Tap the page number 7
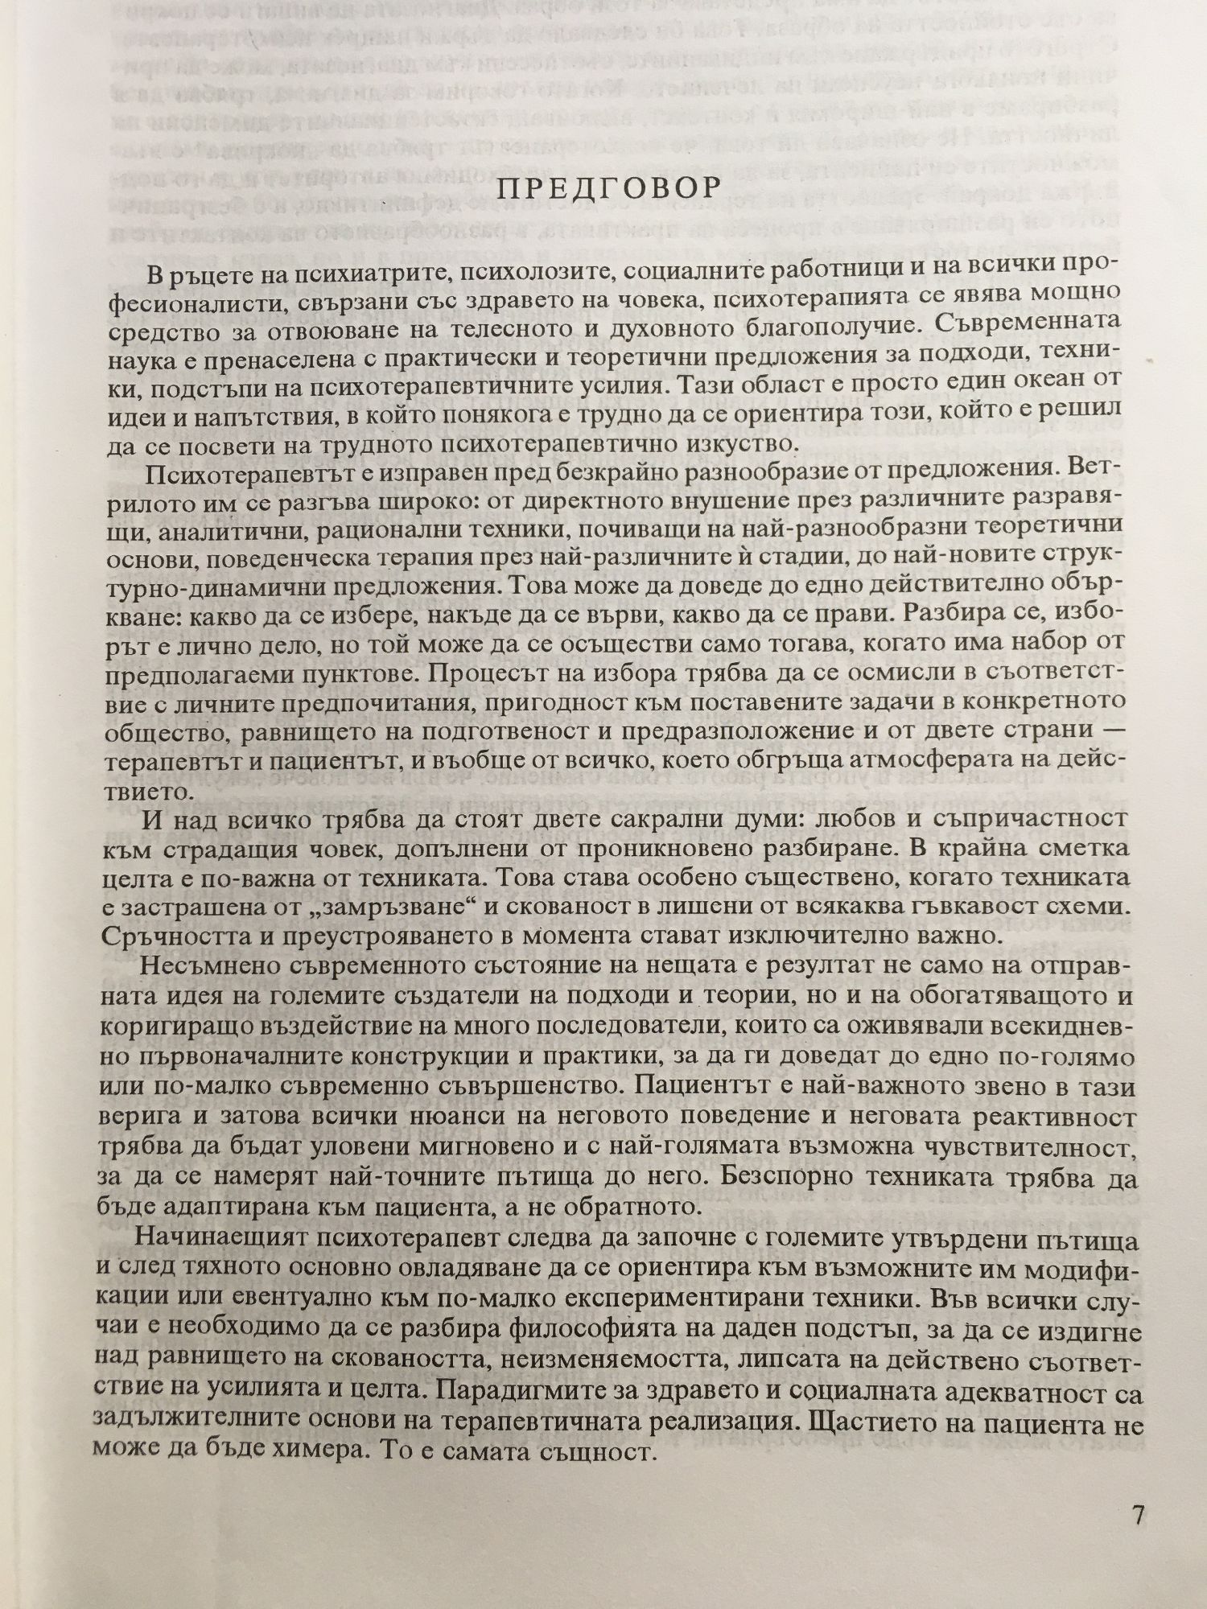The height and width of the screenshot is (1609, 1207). pos(1138,1515)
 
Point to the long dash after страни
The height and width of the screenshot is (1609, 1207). pos(1121,730)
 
